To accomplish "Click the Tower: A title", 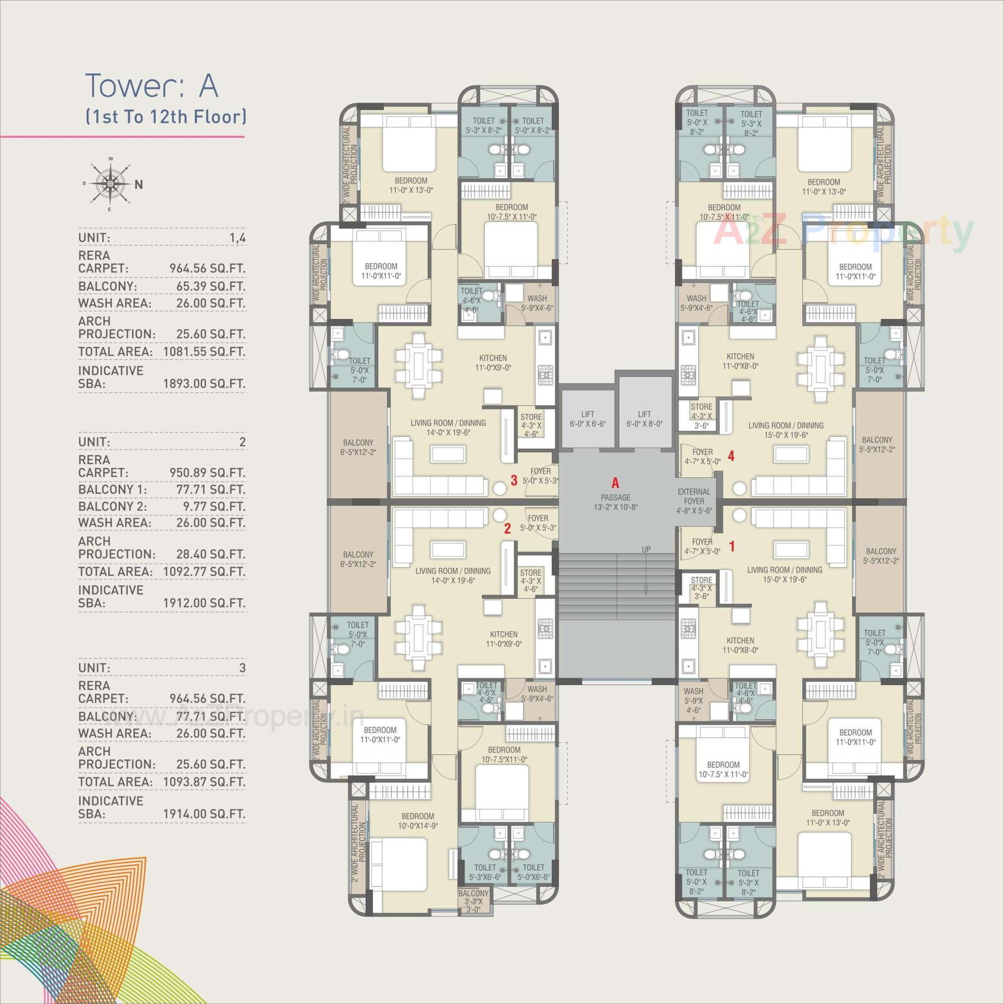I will [x=151, y=86].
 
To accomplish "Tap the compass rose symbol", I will [x=110, y=184].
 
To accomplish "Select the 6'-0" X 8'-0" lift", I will [x=644, y=419].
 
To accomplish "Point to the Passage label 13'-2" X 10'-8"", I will [x=615, y=502].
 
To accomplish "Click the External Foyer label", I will [x=694, y=501].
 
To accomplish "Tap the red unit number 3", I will [x=514, y=480].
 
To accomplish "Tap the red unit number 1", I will [x=732, y=546].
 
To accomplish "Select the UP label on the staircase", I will [x=646, y=550].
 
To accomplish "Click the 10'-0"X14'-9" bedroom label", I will [x=417, y=820].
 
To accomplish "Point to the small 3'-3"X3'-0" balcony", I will [x=473, y=901].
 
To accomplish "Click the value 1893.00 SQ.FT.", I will [x=204, y=383].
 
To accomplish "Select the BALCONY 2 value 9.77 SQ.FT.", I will [x=210, y=506].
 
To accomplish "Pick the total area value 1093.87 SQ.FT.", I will [x=204, y=782].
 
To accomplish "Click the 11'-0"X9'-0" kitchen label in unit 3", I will [x=493, y=363].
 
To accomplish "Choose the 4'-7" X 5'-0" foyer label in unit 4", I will [x=702, y=457].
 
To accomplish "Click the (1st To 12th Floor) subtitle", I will [x=166, y=116].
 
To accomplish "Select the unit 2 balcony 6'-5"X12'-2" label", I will [x=359, y=559].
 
